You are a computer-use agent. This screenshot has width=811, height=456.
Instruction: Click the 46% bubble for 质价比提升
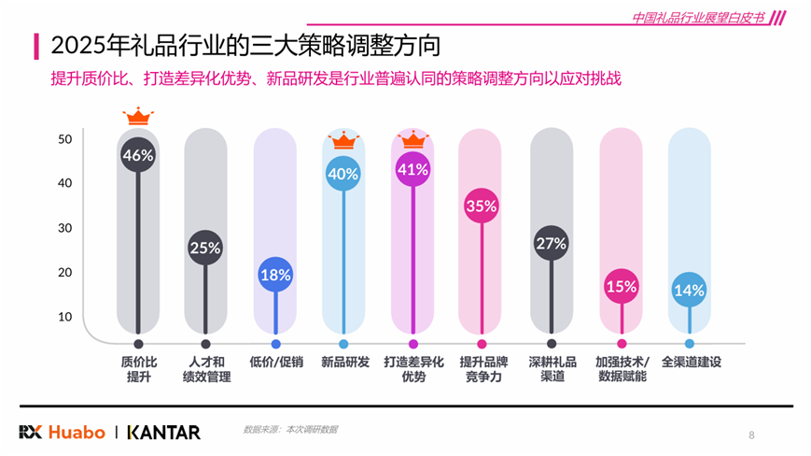point(138,156)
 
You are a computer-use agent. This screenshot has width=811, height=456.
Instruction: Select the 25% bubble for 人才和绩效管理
point(205,249)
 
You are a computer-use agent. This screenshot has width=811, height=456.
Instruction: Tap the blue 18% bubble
point(275,276)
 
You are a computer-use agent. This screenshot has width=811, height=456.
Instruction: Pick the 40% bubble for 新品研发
point(343,174)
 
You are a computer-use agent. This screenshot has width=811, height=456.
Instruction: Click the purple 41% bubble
point(412,170)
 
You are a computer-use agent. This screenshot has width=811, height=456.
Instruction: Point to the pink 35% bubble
point(481,207)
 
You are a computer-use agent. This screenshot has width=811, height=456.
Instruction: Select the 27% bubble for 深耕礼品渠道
point(552,244)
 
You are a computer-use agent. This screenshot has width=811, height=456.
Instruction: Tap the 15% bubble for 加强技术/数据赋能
point(621,287)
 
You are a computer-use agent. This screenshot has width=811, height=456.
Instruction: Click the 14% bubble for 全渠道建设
point(689,291)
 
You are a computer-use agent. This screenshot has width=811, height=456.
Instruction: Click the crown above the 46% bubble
point(138,117)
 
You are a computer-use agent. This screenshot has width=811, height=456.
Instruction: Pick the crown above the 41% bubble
point(412,140)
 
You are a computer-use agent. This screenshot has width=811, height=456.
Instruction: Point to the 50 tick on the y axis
point(65,139)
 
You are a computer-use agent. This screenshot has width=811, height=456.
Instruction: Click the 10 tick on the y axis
point(65,317)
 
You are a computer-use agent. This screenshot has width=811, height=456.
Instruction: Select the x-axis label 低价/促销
point(275,362)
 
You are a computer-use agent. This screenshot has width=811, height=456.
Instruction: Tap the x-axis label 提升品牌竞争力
point(482,369)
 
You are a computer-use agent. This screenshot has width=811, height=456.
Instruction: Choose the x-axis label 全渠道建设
point(692,362)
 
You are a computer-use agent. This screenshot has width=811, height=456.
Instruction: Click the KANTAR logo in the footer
point(163,432)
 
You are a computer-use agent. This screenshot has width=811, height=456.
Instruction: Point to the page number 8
point(751,435)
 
